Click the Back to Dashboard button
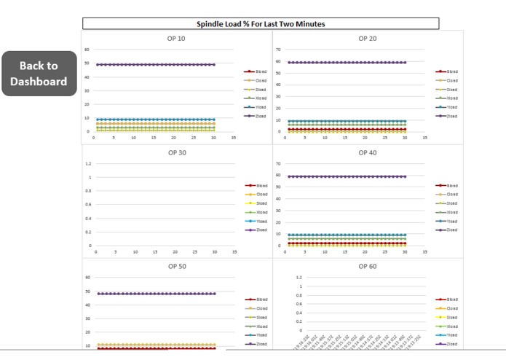pos(39,73)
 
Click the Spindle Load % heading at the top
pos(261,24)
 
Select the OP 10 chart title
pos(176,38)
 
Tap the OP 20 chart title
pos(368,38)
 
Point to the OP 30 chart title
pos(176,152)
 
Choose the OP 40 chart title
pos(368,152)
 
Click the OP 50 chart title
pos(176,266)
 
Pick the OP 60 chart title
pos(368,266)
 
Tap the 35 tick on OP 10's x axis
pos(234,137)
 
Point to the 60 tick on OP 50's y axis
pos(87,277)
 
